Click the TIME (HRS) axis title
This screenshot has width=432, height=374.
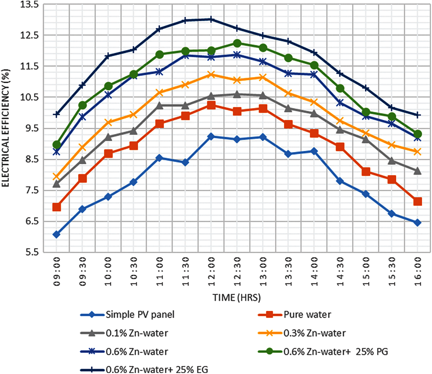coord(236,297)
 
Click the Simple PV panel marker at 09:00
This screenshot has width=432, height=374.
coord(56,235)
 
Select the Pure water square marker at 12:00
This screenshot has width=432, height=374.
coord(211,105)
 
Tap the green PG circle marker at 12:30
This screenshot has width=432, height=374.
coord(237,43)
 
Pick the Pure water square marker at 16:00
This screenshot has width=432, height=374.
coord(418,202)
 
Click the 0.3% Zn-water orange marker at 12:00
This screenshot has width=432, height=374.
coord(211,74)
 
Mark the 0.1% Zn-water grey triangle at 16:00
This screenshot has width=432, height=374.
coord(418,171)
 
